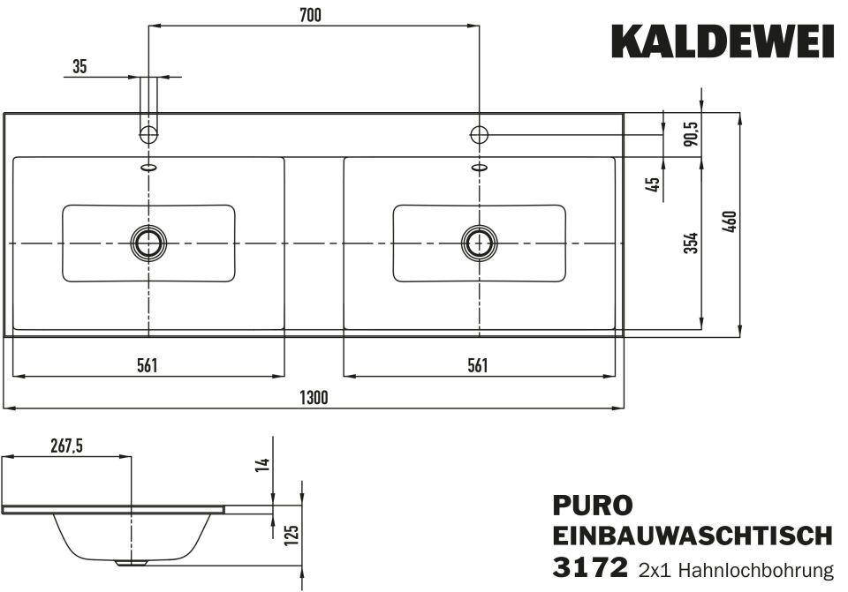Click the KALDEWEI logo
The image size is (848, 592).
pos(723,41)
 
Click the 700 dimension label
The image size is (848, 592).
pos(310,15)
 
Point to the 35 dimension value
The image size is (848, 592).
pos(79,67)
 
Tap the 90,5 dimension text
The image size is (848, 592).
pos(691,133)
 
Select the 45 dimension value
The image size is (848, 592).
pos(653,184)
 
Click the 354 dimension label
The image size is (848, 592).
pos(691,244)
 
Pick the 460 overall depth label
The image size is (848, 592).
pos(729,221)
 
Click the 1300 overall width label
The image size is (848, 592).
pos(314,398)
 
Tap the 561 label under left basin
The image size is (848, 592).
pos(148,365)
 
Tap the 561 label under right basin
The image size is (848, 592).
pos(478,365)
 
